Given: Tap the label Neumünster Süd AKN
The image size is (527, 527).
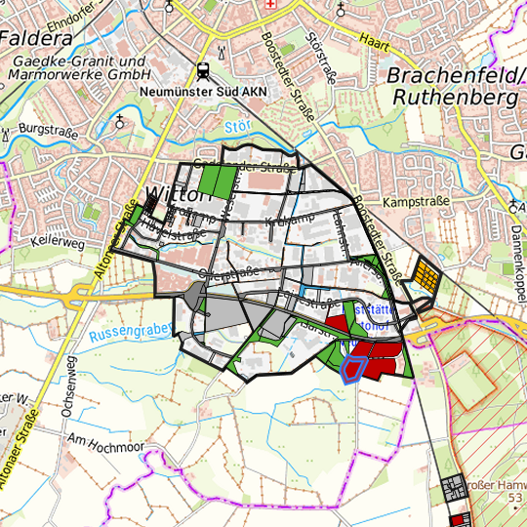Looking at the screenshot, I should [203, 92].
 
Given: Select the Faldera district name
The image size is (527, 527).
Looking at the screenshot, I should [37, 39].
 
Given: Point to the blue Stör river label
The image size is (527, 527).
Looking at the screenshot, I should [237, 127].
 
